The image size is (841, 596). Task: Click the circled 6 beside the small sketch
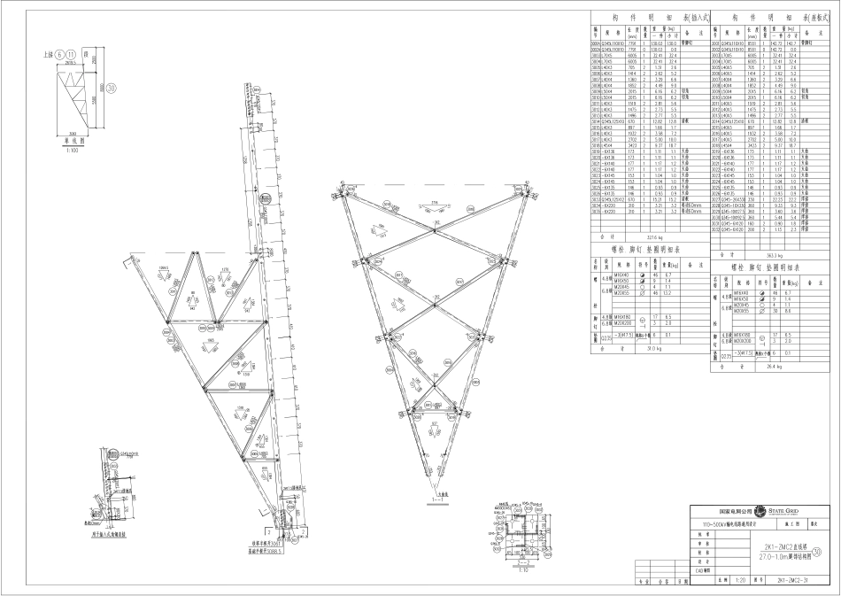click(x=59, y=54)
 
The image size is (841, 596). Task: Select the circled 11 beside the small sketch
click(x=71, y=54)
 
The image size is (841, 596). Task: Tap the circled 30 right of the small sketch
click(x=112, y=87)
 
